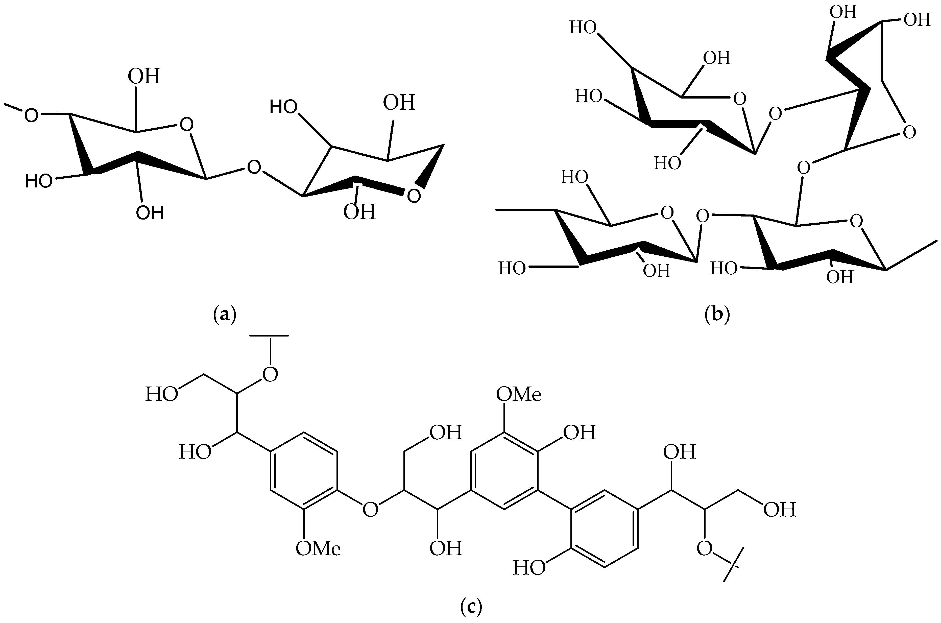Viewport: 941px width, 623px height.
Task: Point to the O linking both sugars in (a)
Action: click(254, 167)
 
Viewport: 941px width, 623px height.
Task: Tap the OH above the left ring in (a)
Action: click(144, 76)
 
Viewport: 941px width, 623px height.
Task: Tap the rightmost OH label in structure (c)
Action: click(780, 510)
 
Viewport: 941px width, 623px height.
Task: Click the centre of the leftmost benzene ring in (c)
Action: click(304, 470)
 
